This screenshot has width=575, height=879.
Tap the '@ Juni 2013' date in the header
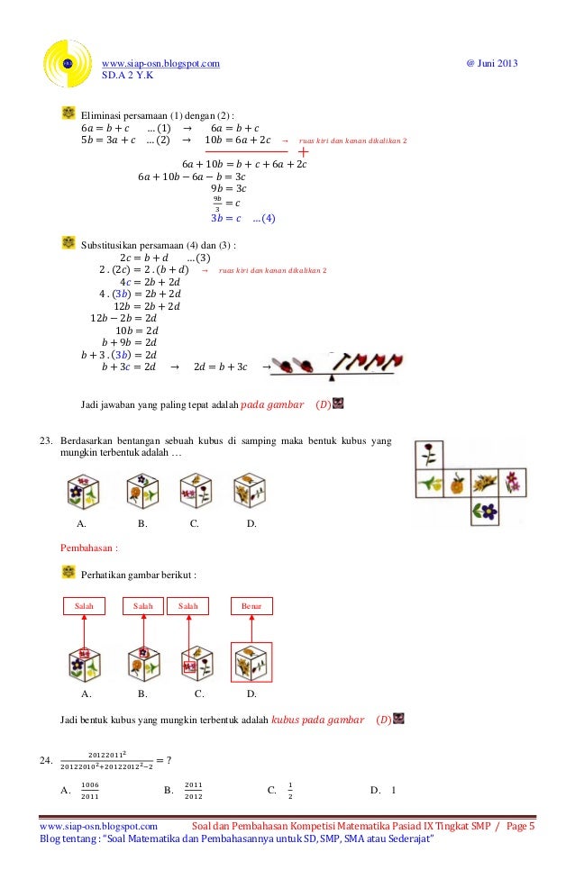pos(491,62)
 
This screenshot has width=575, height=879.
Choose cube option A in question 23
pos(84,492)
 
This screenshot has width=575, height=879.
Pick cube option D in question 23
pos(249,492)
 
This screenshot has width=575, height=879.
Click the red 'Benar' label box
pos(251,607)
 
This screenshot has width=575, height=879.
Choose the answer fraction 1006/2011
pos(90,791)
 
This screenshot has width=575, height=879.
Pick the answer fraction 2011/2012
pos(193,791)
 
